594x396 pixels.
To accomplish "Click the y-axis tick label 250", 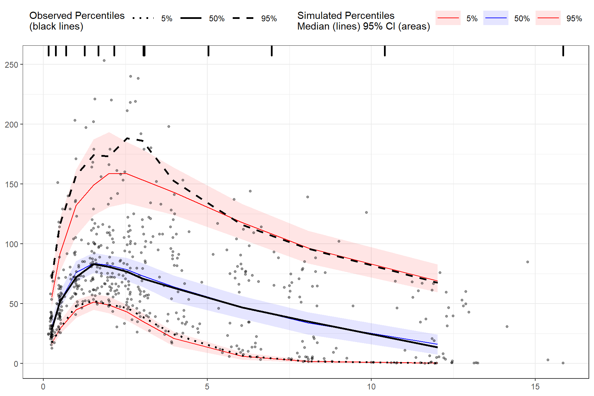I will coord(11,65).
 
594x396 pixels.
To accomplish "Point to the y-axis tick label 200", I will coord(11,124).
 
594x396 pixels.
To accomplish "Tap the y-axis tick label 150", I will coord(11,184).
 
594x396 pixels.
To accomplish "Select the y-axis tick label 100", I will coord(11,244).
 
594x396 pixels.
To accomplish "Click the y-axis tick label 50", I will coord(13,304).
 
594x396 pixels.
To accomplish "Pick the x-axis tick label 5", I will coord(207,387).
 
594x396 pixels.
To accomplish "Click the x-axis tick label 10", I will coord(371,387).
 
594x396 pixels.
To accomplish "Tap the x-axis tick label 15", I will coord(535,387).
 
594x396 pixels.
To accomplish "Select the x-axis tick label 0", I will coord(43,387).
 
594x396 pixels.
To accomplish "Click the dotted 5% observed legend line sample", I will coord(143,18).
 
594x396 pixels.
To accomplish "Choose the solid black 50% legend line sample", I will coord(191,18).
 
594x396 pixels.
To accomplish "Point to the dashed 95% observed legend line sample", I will coord(243,18).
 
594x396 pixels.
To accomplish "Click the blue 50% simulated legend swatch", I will coord(496,18).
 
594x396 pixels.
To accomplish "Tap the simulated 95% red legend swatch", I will coord(548,18).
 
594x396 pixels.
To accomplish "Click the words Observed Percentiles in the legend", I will coord(77,15).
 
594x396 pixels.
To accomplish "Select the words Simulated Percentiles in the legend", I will coord(346,15).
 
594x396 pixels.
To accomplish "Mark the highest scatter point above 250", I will coord(104,60).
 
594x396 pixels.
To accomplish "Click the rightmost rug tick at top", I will coord(563,51).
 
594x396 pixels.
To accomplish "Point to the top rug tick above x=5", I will coord(208,51).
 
